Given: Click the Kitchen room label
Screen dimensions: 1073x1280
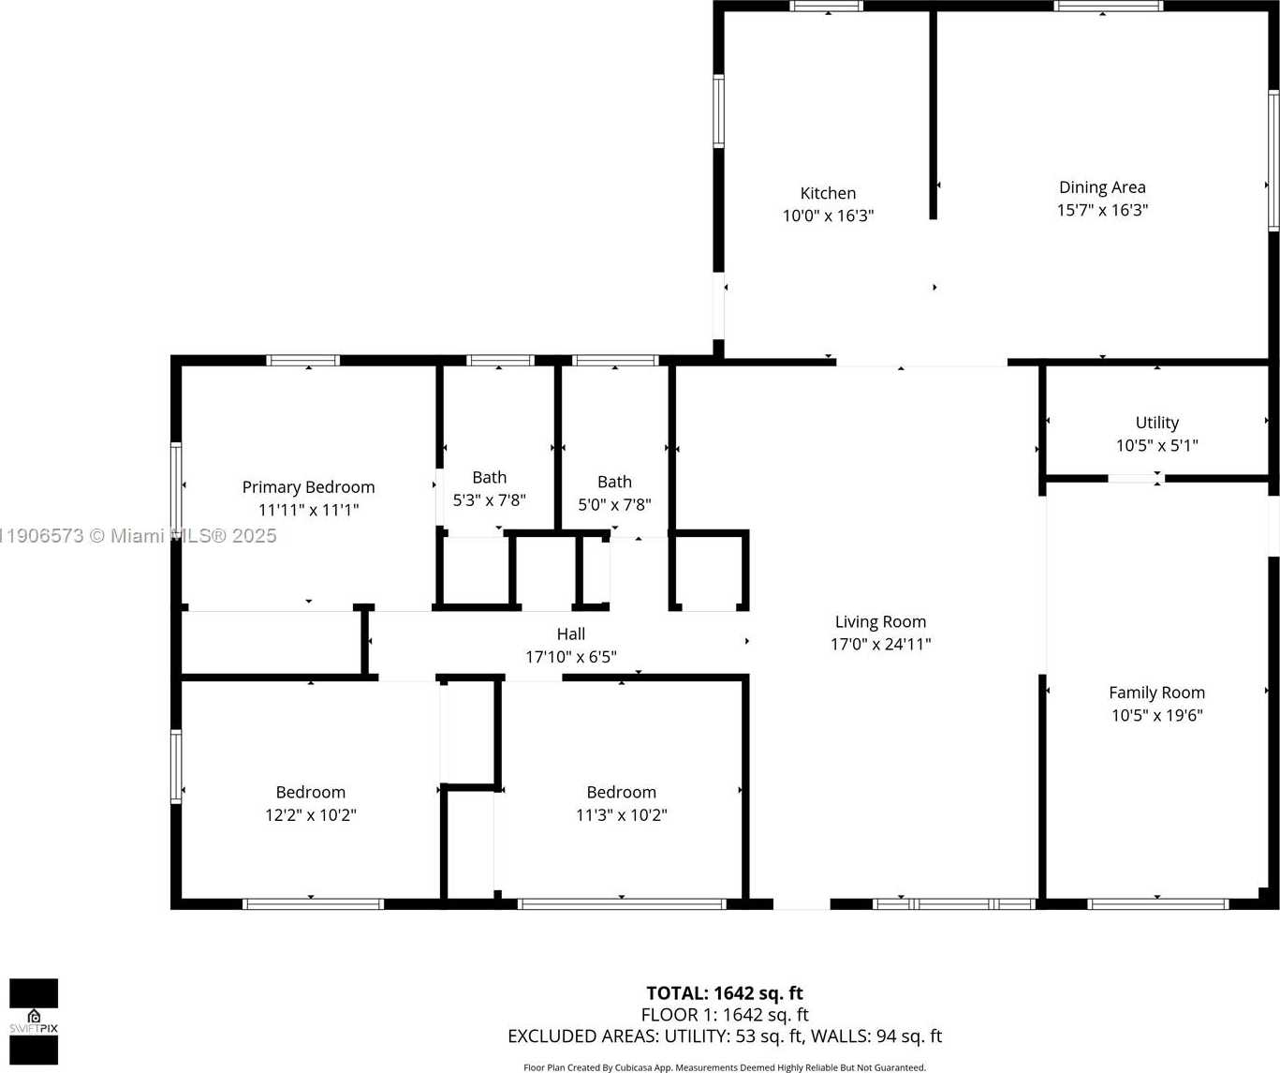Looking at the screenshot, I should coord(828,193).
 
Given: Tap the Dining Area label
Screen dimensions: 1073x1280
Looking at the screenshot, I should coord(1102,187).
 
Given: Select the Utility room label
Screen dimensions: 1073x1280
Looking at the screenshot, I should coord(1156,423).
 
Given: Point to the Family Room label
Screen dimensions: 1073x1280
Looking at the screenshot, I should coord(1156,693).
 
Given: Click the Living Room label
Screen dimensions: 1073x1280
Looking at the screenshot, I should coord(880,621).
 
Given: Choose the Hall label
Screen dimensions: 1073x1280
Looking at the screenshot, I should coord(570,634).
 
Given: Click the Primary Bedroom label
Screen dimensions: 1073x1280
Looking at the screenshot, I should coord(308,487).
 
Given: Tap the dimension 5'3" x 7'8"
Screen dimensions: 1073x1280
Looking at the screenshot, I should coord(489,500).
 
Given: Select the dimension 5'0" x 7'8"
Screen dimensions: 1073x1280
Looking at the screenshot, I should coord(614,505).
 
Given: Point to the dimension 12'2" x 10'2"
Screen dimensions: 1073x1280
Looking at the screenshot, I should coord(310,815).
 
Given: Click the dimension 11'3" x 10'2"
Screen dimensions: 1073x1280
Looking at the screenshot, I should coord(621,815).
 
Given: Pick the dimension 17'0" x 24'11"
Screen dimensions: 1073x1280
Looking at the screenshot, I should coord(880,645).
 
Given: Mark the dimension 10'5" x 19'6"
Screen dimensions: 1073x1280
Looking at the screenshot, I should coord(1156,716).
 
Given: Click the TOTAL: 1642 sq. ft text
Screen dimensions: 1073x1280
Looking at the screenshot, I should coord(724,993).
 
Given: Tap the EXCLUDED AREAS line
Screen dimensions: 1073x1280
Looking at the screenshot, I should coord(724,1036).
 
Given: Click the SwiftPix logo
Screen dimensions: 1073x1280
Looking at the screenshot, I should coord(34,1021).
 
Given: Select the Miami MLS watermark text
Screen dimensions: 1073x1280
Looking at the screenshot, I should coord(139,536).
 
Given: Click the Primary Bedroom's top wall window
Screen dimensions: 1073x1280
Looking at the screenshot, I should coord(303,361).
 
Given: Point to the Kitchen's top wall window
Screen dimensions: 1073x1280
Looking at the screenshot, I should coord(826,7).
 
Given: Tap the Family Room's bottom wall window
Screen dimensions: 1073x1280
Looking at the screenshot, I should coord(1157,904).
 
